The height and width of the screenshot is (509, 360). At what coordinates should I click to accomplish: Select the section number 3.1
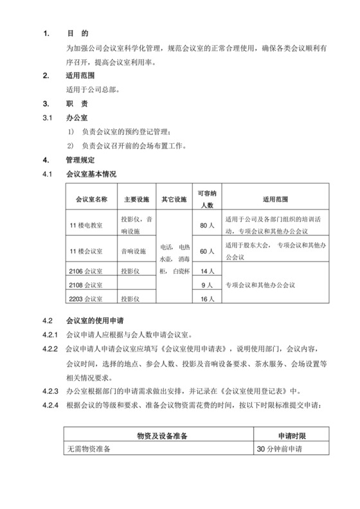(46, 118)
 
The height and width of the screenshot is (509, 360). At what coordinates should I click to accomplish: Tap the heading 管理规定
(80, 160)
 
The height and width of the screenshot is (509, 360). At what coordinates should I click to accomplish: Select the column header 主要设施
(136, 199)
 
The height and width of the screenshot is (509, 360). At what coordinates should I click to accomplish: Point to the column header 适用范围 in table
(275, 199)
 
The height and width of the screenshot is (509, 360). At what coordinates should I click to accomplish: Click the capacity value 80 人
(206, 226)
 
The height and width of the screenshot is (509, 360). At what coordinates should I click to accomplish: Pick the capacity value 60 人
(206, 251)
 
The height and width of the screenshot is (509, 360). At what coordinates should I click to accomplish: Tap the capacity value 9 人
(206, 285)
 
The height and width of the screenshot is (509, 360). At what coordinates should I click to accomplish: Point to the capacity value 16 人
(206, 299)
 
